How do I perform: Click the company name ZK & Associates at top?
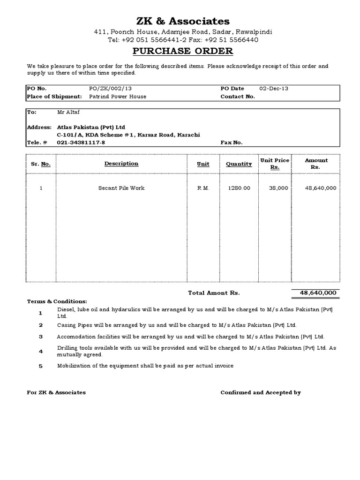click(183, 21)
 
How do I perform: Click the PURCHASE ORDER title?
click(183, 51)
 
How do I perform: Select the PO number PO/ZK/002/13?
click(110, 89)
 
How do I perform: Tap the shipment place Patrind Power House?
click(118, 97)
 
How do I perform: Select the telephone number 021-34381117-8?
click(81, 142)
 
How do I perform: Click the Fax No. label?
click(232, 142)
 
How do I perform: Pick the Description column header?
click(121, 164)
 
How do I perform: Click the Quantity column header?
click(239, 164)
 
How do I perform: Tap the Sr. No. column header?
click(41, 164)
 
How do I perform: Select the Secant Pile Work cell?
click(121, 188)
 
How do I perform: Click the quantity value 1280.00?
click(239, 188)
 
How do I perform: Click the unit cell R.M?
click(203, 188)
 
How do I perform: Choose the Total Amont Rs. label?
click(214, 293)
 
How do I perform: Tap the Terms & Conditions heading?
click(57, 301)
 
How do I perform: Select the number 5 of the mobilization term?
click(41, 366)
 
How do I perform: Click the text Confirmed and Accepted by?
click(261, 392)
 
